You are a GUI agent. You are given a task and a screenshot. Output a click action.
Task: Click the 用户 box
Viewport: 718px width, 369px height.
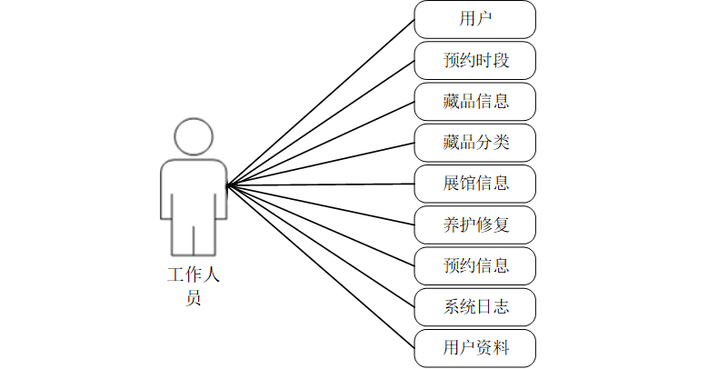pos(475,19)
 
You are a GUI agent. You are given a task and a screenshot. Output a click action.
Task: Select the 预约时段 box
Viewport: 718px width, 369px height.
pos(475,60)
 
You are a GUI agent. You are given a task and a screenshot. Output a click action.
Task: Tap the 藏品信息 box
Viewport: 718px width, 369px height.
pos(475,101)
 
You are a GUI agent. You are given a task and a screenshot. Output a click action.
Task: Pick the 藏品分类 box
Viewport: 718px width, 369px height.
pos(475,143)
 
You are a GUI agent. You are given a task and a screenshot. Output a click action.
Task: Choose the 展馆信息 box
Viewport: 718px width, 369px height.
pos(475,184)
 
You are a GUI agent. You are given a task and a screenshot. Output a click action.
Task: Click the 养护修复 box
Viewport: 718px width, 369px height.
pos(475,224)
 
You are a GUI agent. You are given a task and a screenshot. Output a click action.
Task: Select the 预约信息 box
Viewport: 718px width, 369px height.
pos(475,266)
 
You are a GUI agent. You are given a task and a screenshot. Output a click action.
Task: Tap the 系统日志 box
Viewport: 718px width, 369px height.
pos(475,307)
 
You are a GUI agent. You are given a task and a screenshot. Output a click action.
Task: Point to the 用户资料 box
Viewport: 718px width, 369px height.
pos(475,348)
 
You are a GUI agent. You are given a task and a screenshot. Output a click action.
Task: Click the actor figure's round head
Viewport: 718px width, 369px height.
pos(194,136)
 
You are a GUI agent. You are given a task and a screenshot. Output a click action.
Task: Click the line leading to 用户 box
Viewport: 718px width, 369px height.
pos(321,102)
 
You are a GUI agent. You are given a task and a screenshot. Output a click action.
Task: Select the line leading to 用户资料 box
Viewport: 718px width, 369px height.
pos(321,266)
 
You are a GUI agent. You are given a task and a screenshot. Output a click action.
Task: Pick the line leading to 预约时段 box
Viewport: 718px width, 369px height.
pos(321,123)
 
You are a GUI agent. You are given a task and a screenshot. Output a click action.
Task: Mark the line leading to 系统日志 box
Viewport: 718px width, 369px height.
pos(321,246)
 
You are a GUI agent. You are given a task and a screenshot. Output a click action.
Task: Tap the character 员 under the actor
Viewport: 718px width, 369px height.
pos(194,297)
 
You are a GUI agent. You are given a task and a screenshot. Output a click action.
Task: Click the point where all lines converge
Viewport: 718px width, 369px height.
pos(228,184)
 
